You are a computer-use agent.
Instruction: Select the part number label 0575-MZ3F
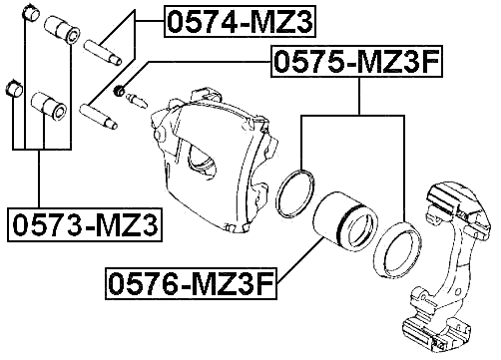(x=355, y=63)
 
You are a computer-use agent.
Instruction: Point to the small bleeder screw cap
(x=120, y=93)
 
